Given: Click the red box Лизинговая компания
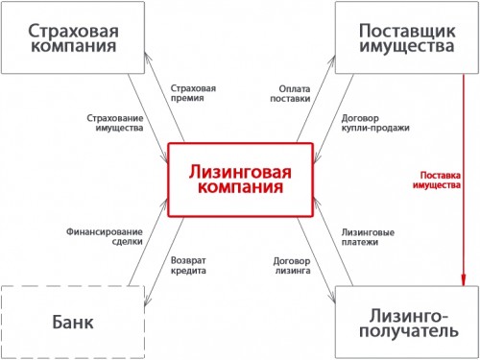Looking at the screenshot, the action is pos(239,179).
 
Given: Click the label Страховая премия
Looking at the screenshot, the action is pos(192,94).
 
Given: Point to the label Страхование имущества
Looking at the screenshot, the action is pos(113,122).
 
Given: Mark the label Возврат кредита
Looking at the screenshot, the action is pos(187,264).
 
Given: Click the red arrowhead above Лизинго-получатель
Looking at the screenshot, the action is pos(463,280).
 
